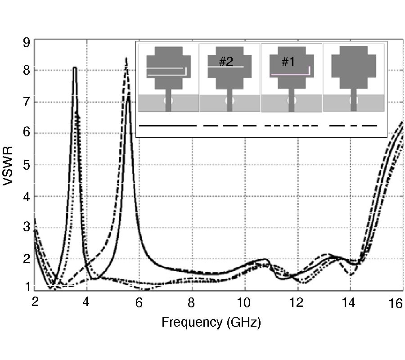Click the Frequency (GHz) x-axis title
tap(211, 322)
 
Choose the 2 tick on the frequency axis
tap(35, 304)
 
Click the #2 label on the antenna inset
tap(225, 62)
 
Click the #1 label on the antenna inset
tap(288, 62)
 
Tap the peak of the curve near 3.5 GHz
tap(75, 68)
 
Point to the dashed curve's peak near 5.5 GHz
tap(126, 58)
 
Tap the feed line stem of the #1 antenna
tap(292, 100)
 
